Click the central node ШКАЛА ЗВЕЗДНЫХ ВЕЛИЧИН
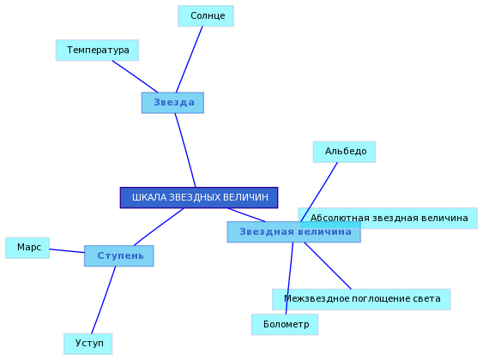coord(199,197)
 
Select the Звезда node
coord(172,103)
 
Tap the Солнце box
coord(206,16)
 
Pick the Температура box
coord(97,51)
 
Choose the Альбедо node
coord(344,152)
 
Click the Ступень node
coord(119,256)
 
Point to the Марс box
coord(27,248)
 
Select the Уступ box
coord(88,344)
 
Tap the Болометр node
coord(285,325)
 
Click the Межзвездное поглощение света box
coord(361,299)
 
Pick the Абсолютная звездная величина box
coord(388,219)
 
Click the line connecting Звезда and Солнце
coord(189,59)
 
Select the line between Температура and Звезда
coord(135,76)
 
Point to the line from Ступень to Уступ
coord(104,300)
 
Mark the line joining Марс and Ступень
coord(67,251)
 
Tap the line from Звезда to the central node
coord(185,150)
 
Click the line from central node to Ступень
coord(159,227)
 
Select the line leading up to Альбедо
coord(319,192)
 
